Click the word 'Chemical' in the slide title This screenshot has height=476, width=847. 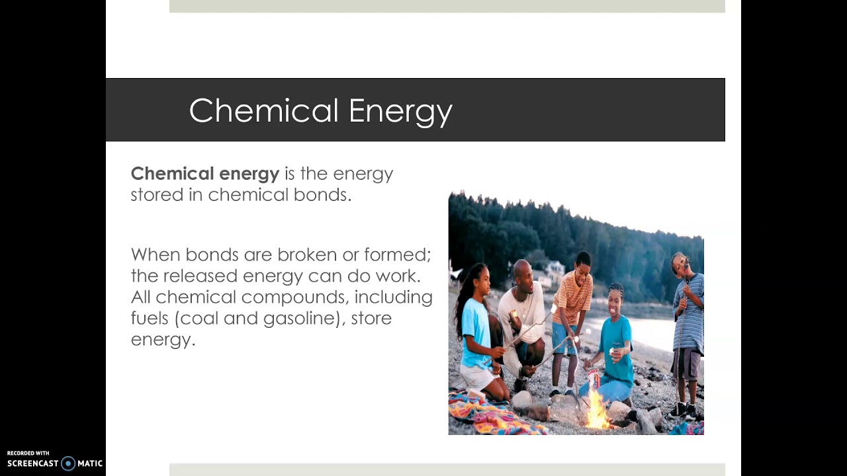coord(264,110)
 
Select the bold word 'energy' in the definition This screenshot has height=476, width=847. coord(249,174)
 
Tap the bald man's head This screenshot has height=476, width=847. coord(523,270)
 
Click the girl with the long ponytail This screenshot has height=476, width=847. coord(475,317)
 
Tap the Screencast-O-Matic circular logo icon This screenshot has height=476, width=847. coord(68,463)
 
